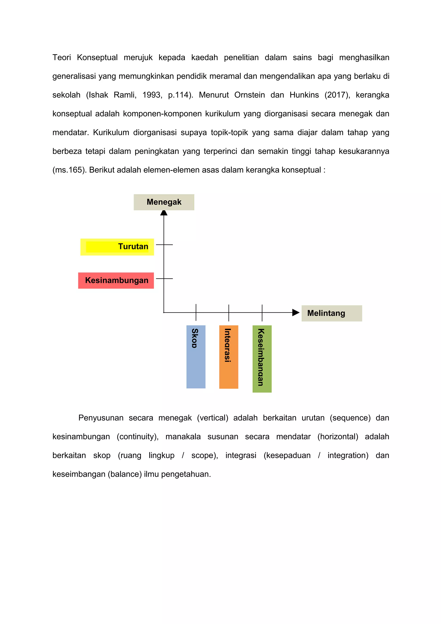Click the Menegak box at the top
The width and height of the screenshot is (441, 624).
pos(164,202)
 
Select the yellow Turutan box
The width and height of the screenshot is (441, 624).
pos(117,247)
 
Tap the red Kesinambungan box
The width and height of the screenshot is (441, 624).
pos(116,281)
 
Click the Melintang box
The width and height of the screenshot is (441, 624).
pos(332,313)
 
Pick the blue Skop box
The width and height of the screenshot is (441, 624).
pos(196,357)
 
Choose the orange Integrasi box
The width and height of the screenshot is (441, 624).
pos(229,357)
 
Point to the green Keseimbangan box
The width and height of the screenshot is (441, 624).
pos(262,359)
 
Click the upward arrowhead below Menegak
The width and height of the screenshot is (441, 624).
pos(164,213)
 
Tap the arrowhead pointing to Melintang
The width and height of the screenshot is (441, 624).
pos(295,313)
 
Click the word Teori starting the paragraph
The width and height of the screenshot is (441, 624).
pos(62,58)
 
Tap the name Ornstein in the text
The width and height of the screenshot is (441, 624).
pos(249,95)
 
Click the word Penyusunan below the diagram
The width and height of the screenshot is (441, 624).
pos(101,418)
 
